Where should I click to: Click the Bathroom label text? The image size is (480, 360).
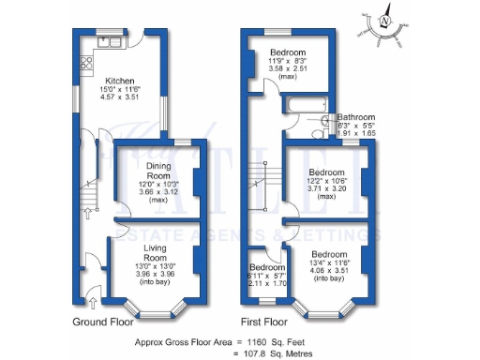[x=356, y=118]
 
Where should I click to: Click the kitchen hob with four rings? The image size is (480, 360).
[x=87, y=65]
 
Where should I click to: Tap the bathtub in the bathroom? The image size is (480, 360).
[x=304, y=105]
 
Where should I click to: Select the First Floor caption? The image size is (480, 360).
[x=264, y=322]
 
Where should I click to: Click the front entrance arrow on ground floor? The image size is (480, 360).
[x=92, y=301]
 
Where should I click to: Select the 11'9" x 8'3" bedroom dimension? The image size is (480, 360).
[x=289, y=60]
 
